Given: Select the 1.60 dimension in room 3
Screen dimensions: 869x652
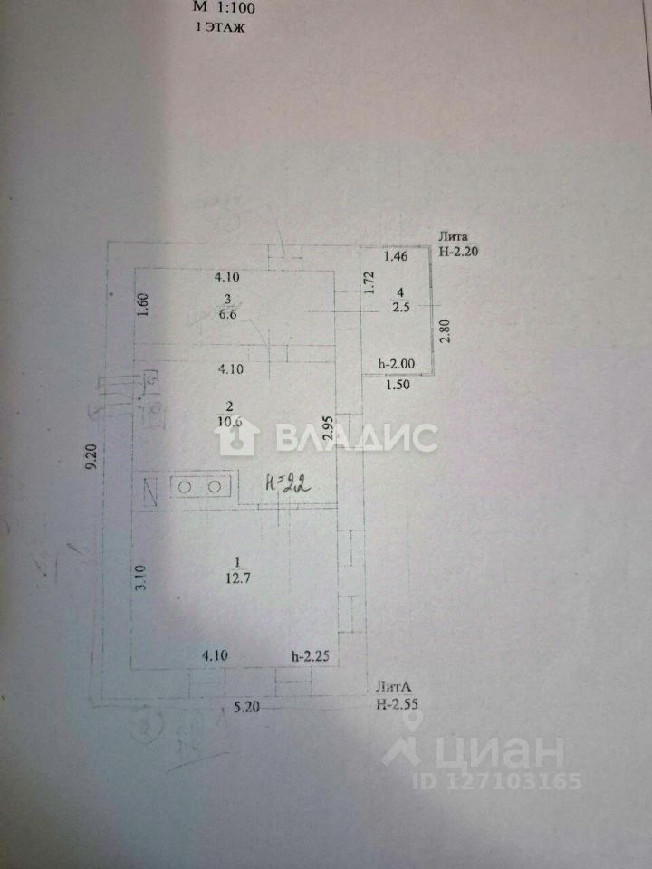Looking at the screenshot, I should click(142, 306).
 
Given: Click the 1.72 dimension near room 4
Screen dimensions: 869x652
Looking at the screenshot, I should click(369, 286).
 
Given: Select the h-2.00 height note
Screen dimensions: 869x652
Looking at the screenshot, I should click(397, 363).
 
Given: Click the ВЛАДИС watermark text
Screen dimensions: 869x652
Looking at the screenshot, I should click(354, 438).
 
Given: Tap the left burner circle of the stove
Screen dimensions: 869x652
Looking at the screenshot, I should click(185, 487).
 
